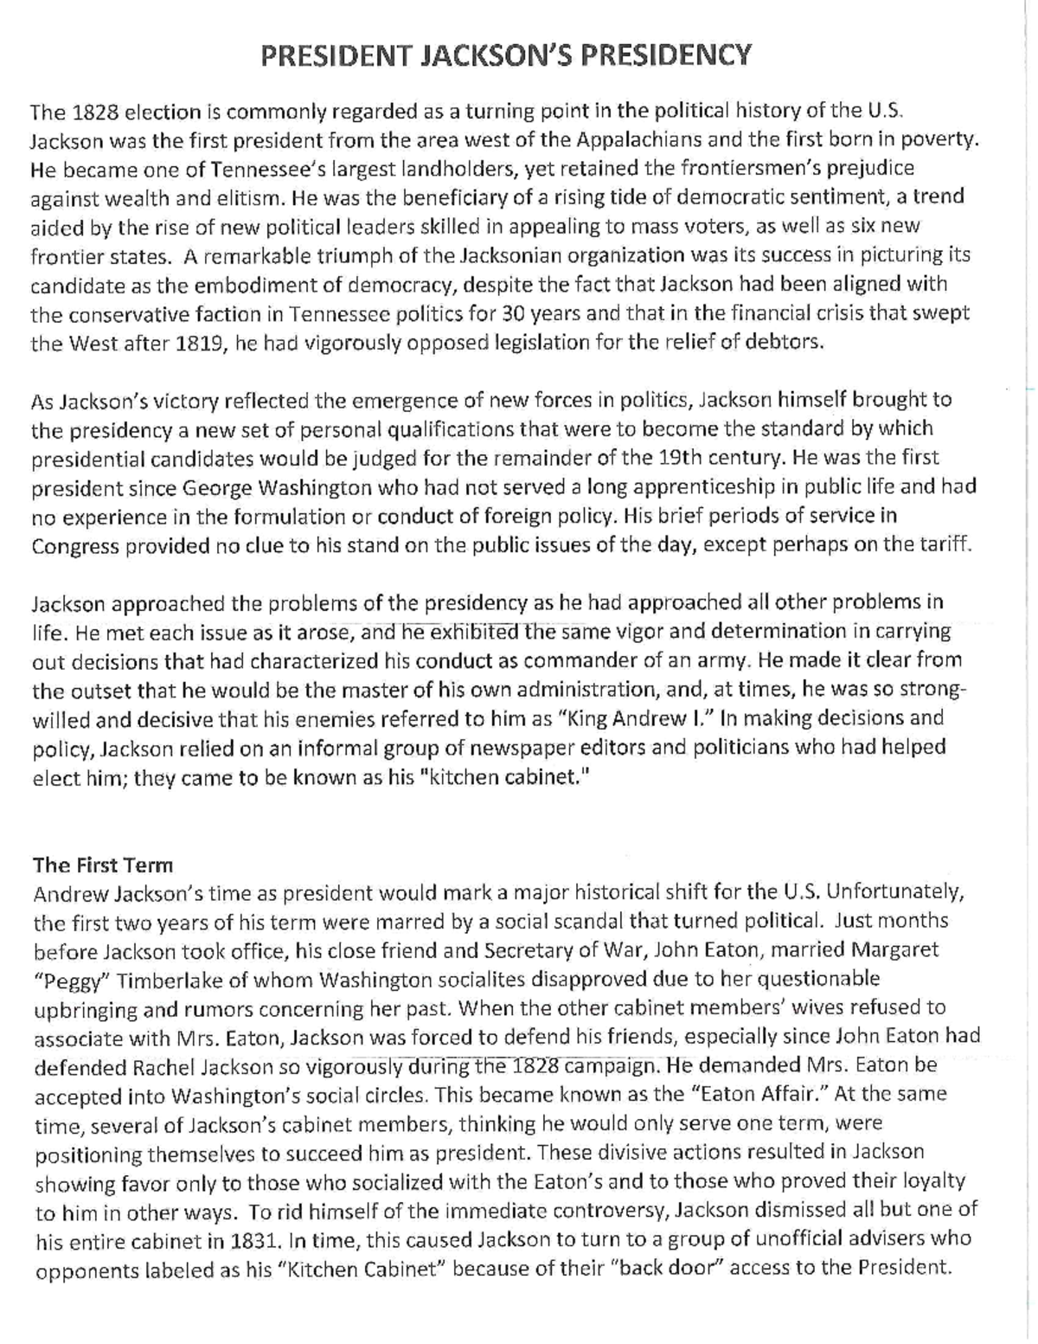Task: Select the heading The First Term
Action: pos(103,865)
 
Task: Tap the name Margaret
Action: pos(895,950)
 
